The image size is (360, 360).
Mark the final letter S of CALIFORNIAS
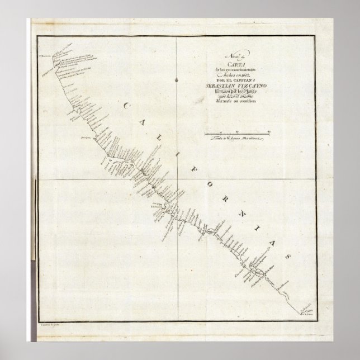point(288,253)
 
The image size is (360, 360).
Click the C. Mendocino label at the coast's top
point(45,54)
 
